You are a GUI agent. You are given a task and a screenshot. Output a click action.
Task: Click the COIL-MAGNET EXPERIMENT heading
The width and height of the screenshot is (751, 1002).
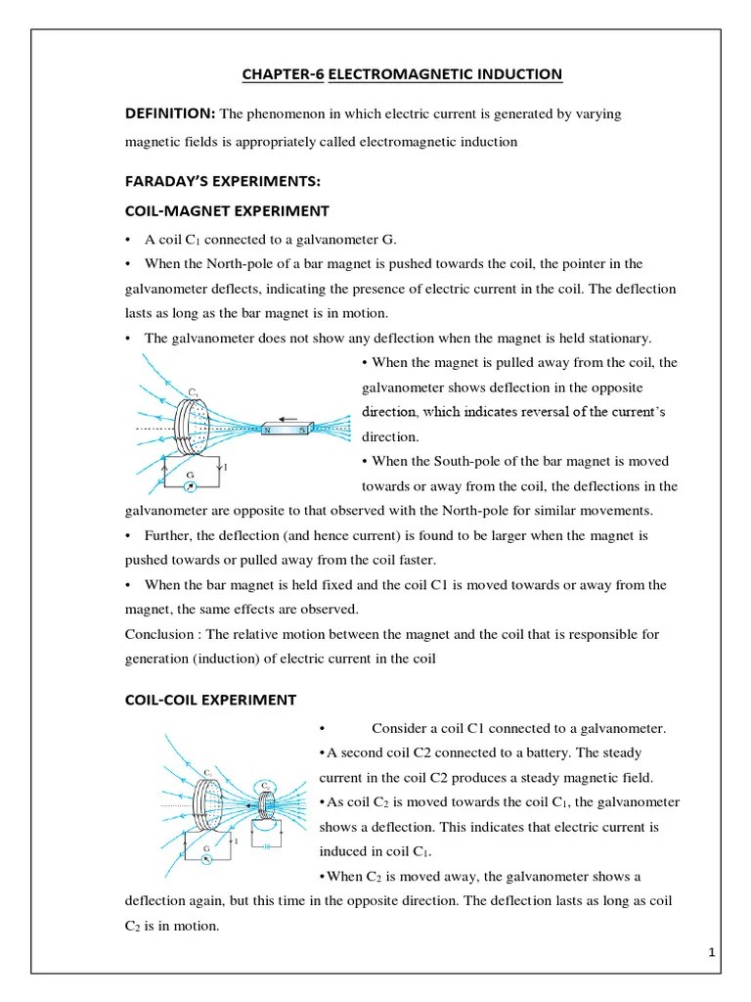227,210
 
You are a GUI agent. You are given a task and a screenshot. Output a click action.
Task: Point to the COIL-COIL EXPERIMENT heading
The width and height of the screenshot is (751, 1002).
210,699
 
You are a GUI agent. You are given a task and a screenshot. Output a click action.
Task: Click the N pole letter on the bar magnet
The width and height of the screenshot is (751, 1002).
266,430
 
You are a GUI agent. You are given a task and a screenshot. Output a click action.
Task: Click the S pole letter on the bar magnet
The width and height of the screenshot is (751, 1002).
302,430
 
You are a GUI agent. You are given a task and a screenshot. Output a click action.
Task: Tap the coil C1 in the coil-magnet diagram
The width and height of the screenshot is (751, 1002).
191,427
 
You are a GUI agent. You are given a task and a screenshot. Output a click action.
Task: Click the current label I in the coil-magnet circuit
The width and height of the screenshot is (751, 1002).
226,468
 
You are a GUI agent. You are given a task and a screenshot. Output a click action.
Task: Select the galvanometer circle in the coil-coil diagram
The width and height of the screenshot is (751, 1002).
206,858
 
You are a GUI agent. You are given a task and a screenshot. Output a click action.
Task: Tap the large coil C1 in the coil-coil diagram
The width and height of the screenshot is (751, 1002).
210,804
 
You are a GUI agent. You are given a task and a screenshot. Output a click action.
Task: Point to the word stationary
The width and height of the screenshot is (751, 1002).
618,338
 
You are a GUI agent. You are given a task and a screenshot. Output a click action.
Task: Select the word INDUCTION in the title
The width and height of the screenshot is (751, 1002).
517,74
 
